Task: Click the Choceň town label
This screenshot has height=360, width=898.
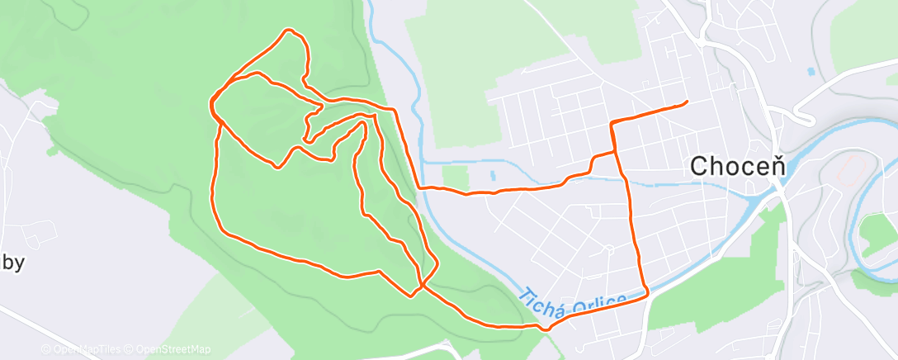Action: tap(731, 166)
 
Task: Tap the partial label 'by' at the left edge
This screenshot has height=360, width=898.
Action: tap(14, 263)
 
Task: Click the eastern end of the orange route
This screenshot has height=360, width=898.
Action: tap(687, 102)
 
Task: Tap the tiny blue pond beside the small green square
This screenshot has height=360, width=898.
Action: tap(492, 175)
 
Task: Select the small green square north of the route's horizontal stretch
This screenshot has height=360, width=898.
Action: tap(455, 176)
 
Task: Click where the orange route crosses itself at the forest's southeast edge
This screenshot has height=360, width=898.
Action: tap(422, 286)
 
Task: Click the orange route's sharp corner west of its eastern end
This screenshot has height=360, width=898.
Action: tap(612, 122)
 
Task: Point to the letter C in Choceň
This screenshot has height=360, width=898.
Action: tap(697, 166)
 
